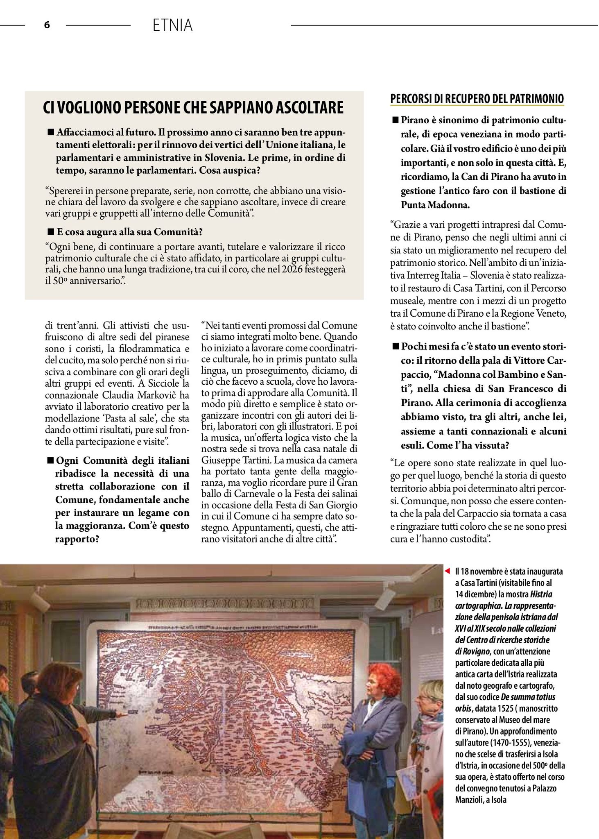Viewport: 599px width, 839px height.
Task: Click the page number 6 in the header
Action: coord(47,25)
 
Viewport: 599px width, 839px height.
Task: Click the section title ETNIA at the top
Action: coord(172,25)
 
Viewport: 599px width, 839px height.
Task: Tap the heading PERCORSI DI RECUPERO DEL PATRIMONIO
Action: coord(477,99)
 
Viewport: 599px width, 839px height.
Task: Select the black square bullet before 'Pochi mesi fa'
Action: coord(395,346)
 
